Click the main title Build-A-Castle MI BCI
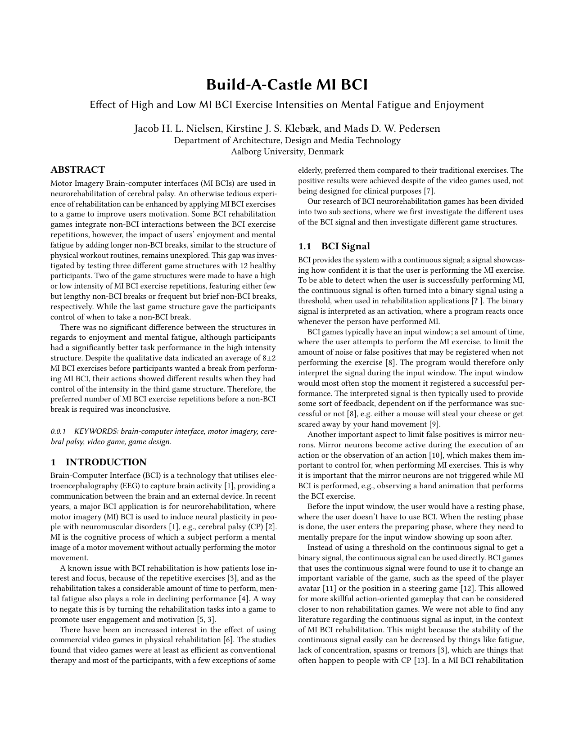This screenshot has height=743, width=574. coord(287,85)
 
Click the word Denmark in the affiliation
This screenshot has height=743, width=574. coord(326,152)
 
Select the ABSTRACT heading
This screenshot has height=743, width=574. coord(77,170)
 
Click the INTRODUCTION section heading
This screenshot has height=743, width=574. coord(106,462)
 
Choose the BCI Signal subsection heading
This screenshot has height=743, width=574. coord(345,246)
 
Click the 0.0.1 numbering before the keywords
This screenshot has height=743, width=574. coord(58,432)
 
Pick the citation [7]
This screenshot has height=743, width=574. coord(429,191)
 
